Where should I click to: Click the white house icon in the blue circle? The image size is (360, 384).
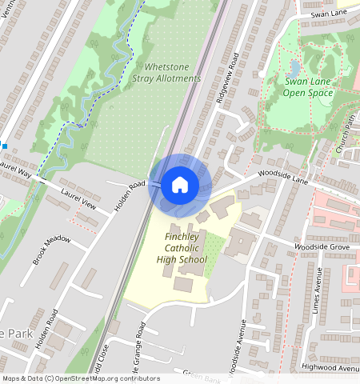pyautogui.click(x=180, y=186)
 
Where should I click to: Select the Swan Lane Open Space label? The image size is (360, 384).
pyautogui.click(x=308, y=87)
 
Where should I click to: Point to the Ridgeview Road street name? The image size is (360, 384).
pyautogui.click(x=228, y=80)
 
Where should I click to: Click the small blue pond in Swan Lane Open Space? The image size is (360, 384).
pyautogui.click(x=294, y=68)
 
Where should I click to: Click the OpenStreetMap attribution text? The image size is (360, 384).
pyautogui.click(x=81, y=378)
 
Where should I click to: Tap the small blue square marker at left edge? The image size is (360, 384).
pyautogui.click(x=3, y=146)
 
